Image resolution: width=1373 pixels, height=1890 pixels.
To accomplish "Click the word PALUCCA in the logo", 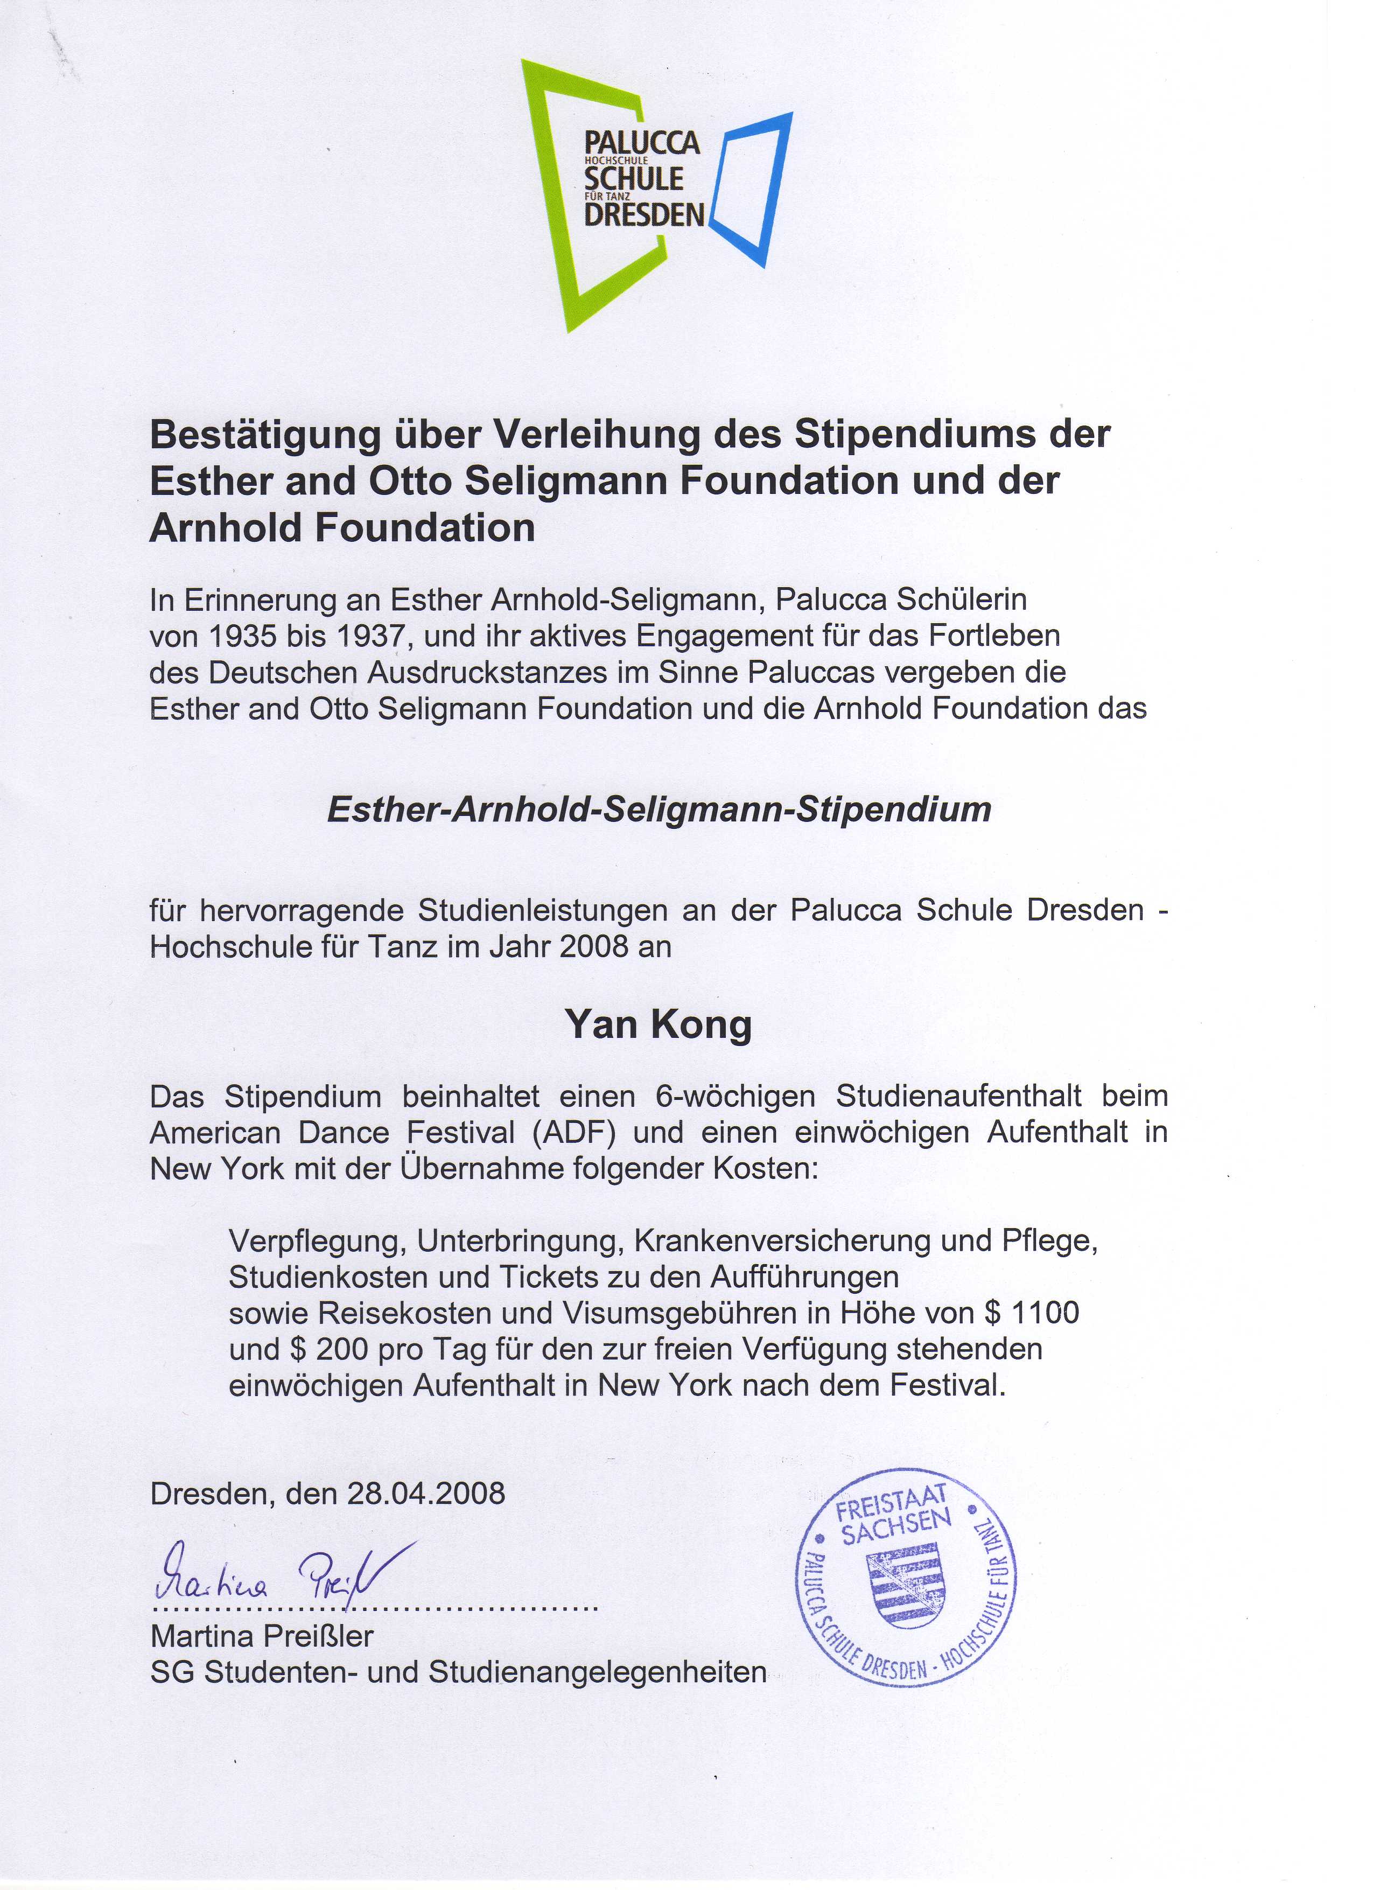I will point(641,143).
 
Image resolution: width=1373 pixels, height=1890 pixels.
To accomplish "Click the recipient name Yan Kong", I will point(658,1024).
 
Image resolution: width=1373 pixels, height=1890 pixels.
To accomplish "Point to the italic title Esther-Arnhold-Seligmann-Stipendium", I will point(659,809).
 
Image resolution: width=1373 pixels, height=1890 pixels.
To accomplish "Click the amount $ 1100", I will point(1032,1313).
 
